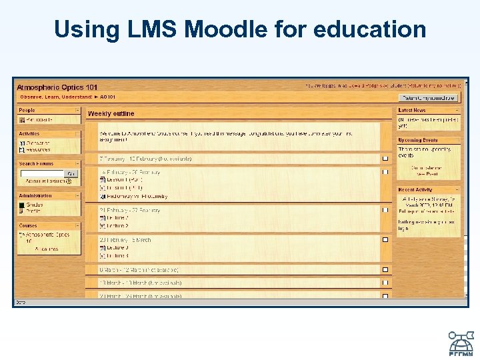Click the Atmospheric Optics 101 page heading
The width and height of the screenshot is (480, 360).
pyautogui.click(x=57, y=87)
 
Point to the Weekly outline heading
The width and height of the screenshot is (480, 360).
pyautogui.click(x=111, y=114)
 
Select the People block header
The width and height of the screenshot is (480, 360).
pyautogui.click(x=28, y=111)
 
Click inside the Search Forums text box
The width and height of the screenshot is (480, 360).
pyautogui.click(x=41, y=173)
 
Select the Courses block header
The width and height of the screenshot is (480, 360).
pyautogui.click(x=29, y=225)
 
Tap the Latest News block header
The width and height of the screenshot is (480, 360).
pyautogui.click(x=412, y=111)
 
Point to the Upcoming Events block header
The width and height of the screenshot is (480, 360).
pyautogui.click(x=418, y=140)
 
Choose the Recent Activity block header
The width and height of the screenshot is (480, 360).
pyautogui.click(x=415, y=190)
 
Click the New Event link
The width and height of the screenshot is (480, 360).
pyautogui.click(x=427, y=174)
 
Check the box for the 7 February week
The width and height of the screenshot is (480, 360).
pyautogui.click(x=385, y=159)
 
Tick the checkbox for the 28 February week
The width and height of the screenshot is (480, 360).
pyautogui.click(x=385, y=239)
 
